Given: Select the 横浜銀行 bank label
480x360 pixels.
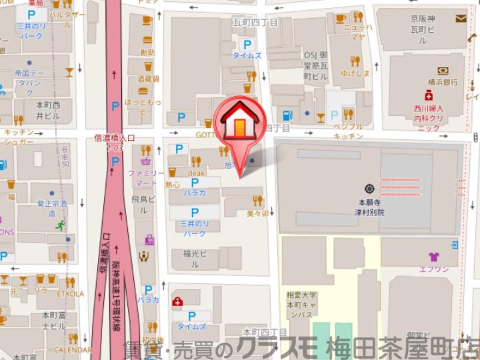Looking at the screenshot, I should point(443,81).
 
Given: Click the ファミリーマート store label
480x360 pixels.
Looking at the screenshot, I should point(146,177).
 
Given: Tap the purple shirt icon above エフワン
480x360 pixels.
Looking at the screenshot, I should point(434,257).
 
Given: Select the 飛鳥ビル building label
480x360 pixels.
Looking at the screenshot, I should point(143,204).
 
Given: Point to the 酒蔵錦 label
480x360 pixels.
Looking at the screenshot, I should point(148,79).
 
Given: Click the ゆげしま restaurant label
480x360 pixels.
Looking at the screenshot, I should point(355,73).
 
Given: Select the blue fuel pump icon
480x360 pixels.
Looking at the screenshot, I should point(287,115).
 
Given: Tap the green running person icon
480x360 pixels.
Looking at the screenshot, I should point(62,225).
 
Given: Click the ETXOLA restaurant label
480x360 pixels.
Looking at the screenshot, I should point(70,293).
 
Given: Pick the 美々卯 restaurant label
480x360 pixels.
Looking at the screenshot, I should point(257,214).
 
